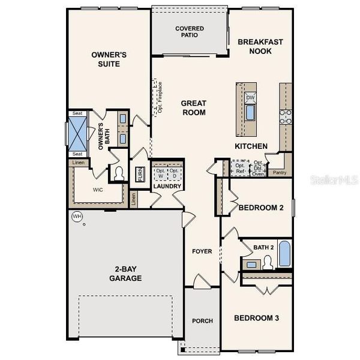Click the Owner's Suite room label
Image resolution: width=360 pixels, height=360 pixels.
(109, 59)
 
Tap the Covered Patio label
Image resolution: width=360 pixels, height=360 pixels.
(189, 31)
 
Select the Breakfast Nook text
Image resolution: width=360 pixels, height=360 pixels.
(260, 46)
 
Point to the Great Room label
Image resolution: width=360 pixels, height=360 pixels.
(193, 107)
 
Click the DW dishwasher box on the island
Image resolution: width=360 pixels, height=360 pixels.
(250, 97)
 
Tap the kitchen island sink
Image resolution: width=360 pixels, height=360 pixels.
(250, 113)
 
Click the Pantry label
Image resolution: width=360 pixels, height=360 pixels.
(279, 172)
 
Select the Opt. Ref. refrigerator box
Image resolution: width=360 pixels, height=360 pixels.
(240, 168)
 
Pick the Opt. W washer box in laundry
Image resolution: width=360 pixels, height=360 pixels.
(160, 174)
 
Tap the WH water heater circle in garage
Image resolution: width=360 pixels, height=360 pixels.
(77, 216)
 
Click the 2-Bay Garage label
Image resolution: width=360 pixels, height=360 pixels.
(125, 274)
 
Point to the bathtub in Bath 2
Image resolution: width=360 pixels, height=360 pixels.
(284, 254)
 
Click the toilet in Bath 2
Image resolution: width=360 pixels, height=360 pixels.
(268, 262)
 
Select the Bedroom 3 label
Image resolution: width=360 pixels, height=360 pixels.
(256, 318)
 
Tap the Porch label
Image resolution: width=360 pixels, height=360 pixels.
(202, 321)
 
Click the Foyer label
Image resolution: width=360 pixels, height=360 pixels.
(202, 251)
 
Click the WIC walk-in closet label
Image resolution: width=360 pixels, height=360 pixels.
(98, 189)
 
